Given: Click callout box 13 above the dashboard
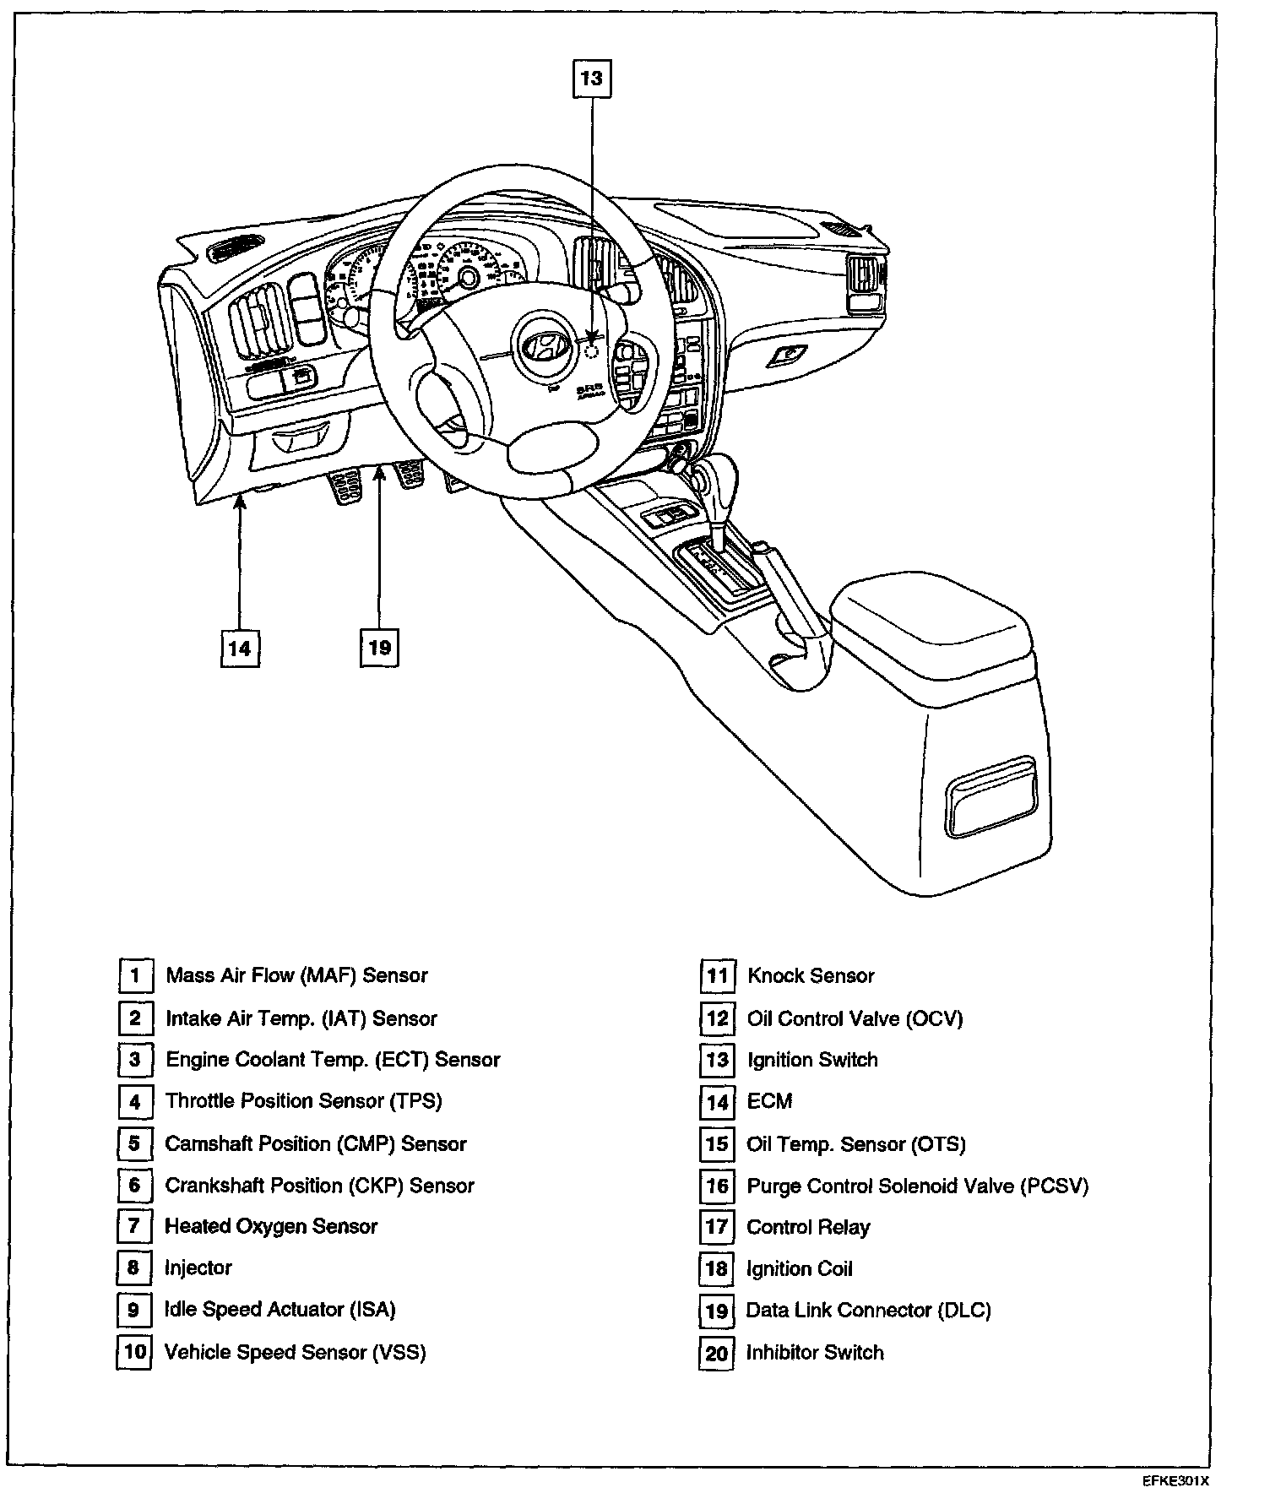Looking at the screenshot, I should (x=591, y=79).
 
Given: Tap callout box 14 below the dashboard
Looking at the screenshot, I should (x=240, y=648).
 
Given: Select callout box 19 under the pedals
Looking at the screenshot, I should (x=379, y=648).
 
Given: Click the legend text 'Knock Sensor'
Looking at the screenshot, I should (x=811, y=976).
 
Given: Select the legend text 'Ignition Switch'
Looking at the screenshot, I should (x=812, y=1060).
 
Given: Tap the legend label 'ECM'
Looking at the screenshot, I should (x=769, y=1102).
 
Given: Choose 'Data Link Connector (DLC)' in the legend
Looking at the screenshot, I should (x=868, y=1311).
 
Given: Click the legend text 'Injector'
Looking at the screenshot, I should (x=198, y=1268).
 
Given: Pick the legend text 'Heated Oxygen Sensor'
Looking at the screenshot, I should (x=271, y=1226).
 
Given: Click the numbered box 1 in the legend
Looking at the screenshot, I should (x=135, y=976).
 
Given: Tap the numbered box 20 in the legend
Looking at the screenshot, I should (x=716, y=1353).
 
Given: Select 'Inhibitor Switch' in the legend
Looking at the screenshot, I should (x=815, y=1353).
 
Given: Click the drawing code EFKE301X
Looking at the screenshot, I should (x=1176, y=1481).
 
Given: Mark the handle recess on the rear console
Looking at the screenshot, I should (x=990, y=796).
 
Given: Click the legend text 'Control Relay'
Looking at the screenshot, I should (x=808, y=1227).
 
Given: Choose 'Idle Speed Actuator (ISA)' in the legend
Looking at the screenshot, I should (x=280, y=1310).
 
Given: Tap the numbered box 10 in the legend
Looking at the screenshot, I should (x=134, y=1352).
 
